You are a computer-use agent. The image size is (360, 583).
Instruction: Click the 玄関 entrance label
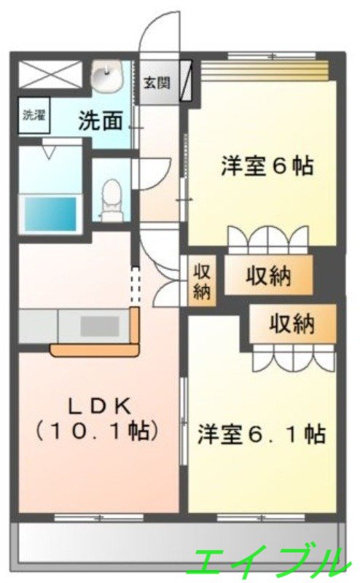click(x=157, y=82)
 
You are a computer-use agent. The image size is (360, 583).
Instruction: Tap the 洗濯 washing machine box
click(x=32, y=114)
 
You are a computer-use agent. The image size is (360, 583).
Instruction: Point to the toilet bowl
click(x=111, y=197)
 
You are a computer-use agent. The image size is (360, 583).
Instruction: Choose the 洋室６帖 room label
click(x=267, y=166)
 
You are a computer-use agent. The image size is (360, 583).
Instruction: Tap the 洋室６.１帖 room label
click(x=261, y=435)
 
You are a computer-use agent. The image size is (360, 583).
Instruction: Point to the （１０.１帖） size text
click(x=96, y=431)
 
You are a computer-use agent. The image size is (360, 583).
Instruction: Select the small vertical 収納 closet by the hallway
click(x=201, y=281)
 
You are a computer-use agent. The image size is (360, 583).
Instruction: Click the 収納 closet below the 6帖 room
click(x=268, y=276)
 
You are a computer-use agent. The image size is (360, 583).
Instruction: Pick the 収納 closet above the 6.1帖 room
click(x=292, y=324)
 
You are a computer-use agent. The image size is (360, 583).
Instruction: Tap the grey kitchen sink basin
click(x=99, y=326)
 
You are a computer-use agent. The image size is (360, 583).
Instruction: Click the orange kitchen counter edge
click(x=95, y=350)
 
